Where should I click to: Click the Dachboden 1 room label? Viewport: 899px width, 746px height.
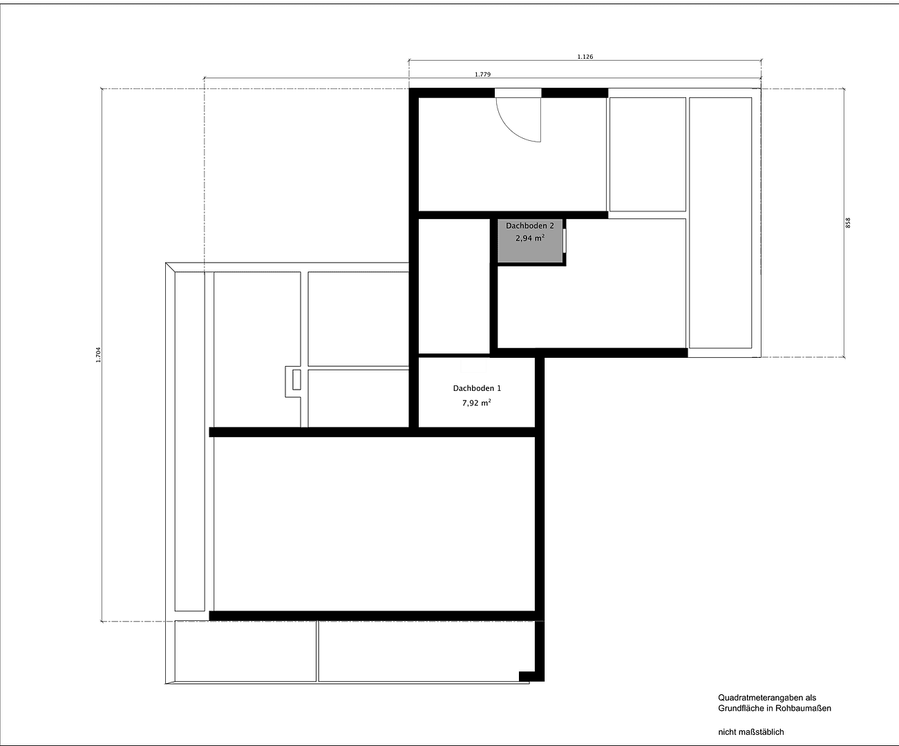point(477,388)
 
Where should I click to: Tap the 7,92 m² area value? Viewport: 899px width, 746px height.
point(477,403)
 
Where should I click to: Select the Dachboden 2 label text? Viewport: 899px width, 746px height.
point(530,226)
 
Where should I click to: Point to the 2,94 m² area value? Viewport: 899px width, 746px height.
point(530,238)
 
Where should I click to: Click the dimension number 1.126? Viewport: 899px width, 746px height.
point(585,57)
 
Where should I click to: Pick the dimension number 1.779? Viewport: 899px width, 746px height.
point(482,75)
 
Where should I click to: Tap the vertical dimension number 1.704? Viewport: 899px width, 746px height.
point(98,355)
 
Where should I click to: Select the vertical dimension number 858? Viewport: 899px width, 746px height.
point(848,222)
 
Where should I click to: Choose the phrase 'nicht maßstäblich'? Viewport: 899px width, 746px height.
point(751,731)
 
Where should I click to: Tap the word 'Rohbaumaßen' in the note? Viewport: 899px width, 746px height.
point(804,708)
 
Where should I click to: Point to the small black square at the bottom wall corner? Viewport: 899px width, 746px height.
point(524,676)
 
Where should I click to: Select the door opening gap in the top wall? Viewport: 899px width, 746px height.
point(518,93)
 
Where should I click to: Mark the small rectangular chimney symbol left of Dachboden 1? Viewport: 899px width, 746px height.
point(296,380)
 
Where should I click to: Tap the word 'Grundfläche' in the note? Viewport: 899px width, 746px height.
point(741,708)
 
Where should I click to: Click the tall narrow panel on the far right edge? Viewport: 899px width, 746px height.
point(720,222)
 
